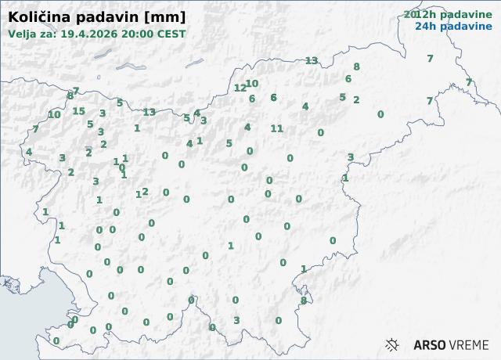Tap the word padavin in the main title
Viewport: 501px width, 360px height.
[x=100, y=16]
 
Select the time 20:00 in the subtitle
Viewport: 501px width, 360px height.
[x=140, y=34]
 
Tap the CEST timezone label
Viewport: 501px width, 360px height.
[x=172, y=34]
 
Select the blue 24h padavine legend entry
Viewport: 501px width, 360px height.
[x=453, y=26]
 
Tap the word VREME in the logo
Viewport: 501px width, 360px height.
[x=469, y=344]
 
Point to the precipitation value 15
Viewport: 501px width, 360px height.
[x=78, y=111]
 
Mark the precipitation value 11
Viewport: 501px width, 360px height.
[x=276, y=128]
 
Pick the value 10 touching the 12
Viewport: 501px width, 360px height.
[x=252, y=84]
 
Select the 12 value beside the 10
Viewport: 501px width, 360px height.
[x=240, y=88]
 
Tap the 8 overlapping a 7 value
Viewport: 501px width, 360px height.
[x=70, y=95]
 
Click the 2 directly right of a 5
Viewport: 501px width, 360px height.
[x=356, y=99]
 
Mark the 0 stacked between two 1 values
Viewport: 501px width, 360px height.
[x=121, y=167]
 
